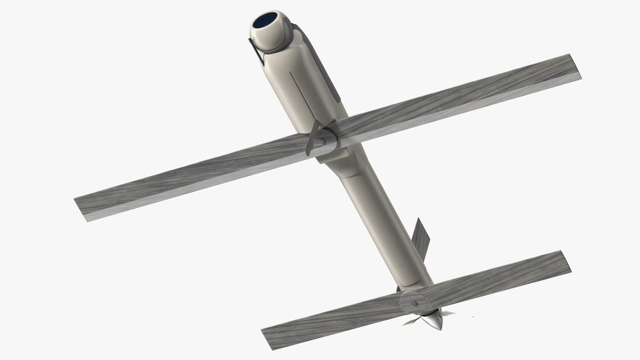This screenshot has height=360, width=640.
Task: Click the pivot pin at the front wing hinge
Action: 323,142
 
